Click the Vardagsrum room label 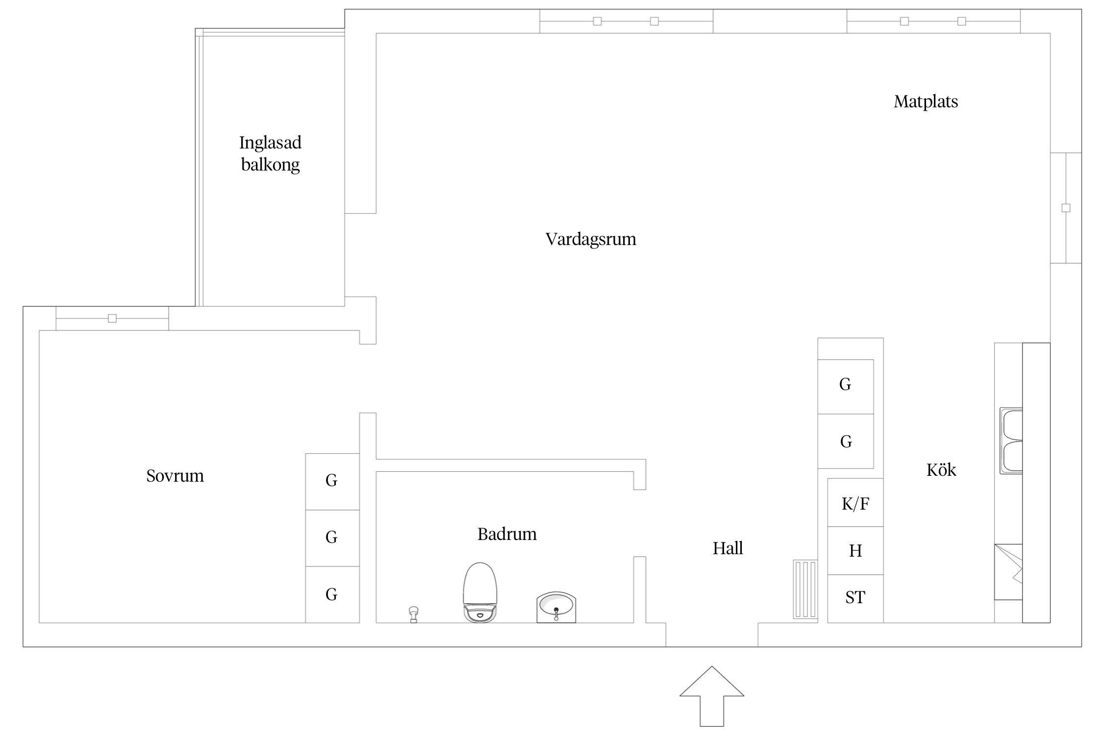pyautogui.click(x=591, y=239)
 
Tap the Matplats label pyautogui.click(x=926, y=101)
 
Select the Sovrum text pyautogui.click(x=175, y=476)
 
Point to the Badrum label pyautogui.click(x=507, y=534)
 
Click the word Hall pyautogui.click(x=727, y=548)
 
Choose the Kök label pyautogui.click(x=941, y=470)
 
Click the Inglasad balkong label pyautogui.click(x=270, y=153)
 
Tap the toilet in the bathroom pyautogui.click(x=480, y=592)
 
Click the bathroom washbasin pyautogui.click(x=556, y=607)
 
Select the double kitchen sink pyautogui.click(x=1012, y=441)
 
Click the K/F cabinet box pyautogui.click(x=855, y=503)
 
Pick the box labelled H pyautogui.click(x=855, y=551)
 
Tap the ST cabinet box pyautogui.click(x=855, y=598)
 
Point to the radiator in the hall pyautogui.click(x=805, y=589)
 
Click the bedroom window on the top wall pyautogui.click(x=112, y=318)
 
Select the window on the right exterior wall pyautogui.click(x=1066, y=208)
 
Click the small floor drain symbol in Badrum pyautogui.click(x=413, y=614)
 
